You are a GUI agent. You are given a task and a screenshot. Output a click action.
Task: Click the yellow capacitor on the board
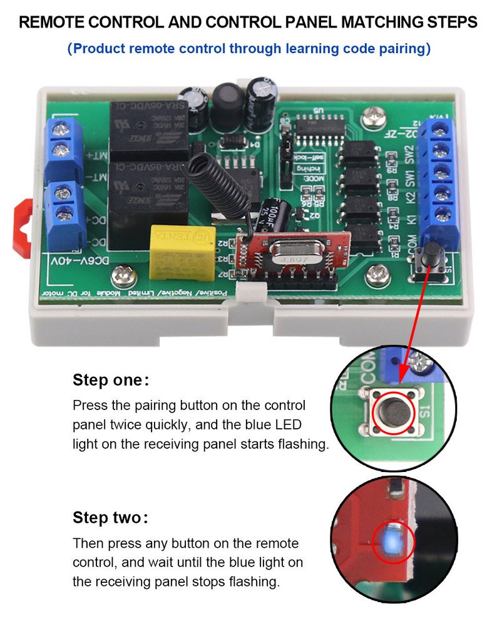click(x=182, y=247)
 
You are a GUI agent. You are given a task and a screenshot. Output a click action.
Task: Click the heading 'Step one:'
click(x=111, y=381)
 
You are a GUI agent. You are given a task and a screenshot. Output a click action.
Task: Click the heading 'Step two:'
click(x=111, y=518)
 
